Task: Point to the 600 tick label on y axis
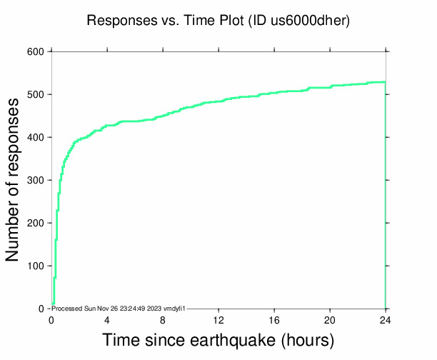(x=36, y=51)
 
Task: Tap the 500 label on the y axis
(x=36, y=94)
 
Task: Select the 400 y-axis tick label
(x=36, y=137)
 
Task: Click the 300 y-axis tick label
(x=36, y=180)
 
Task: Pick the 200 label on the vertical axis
(x=36, y=223)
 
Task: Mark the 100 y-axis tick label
(x=36, y=266)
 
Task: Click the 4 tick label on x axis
(x=107, y=319)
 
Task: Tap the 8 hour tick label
(x=163, y=319)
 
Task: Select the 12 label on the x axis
(x=218, y=319)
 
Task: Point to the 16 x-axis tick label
(x=274, y=319)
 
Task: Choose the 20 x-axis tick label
(x=330, y=319)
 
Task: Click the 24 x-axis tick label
(x=386, y=319)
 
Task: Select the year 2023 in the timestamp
(x=154, y=308)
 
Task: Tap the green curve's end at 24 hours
(x=385, y=82)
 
